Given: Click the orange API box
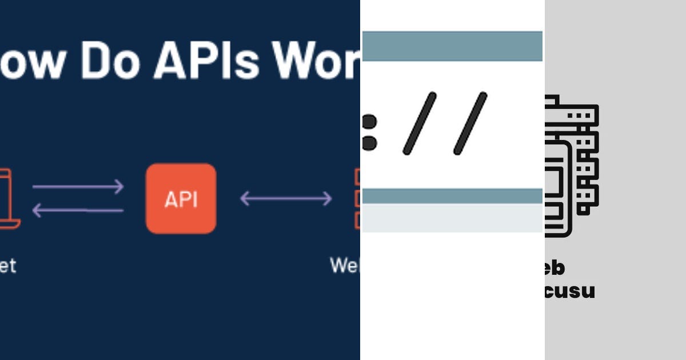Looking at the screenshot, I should (x=181, y=199).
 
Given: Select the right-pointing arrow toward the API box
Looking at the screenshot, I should (x=78, y=187).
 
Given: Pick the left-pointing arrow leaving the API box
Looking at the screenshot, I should (x=78, y=210).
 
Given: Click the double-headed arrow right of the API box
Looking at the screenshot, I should (x=286, y=199).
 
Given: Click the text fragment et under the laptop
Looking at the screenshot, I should (x=7, y=266).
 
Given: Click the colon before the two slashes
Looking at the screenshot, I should (x=369, y=132).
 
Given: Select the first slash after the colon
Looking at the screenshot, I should (x=420, y=123).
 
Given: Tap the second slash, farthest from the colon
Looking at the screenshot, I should (x=470, y=123).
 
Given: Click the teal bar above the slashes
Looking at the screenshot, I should (x=452, y=46).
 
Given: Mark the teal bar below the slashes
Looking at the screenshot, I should (x=452, y=196).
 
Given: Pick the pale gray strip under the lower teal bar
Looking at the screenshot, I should (x=452, y=218).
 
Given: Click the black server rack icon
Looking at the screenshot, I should (x=571, y=166).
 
